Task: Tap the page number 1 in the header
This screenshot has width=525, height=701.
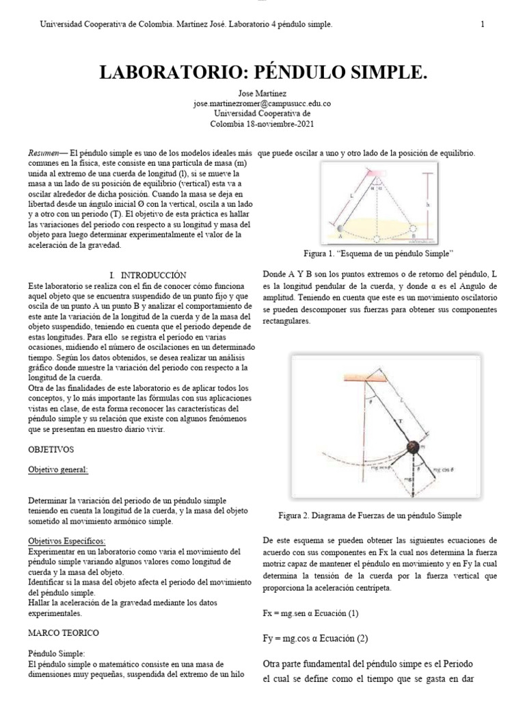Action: [483, 25]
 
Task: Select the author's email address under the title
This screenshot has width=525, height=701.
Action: [262, 103]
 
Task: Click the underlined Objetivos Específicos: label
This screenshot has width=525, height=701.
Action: [66, 541]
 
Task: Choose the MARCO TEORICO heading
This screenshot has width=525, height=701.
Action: [64, 632]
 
